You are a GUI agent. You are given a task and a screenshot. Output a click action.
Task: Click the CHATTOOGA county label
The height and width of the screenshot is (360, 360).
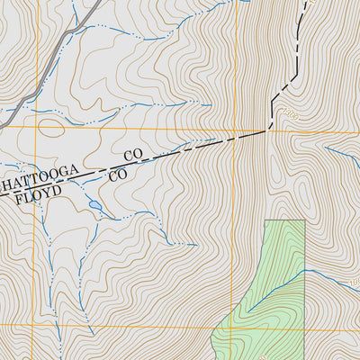click(40, 175)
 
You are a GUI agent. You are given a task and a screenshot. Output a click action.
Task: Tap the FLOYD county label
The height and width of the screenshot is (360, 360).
click(38, 193)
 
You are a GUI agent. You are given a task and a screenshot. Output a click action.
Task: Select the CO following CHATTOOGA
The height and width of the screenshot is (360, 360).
click(133, 156)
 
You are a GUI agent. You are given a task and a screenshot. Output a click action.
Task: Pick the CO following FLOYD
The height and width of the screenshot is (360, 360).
click(117, 175)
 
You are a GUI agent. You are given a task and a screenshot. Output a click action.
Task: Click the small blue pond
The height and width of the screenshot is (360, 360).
click(94, 206)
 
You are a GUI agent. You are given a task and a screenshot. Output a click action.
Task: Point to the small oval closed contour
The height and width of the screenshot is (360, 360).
click(52, 128)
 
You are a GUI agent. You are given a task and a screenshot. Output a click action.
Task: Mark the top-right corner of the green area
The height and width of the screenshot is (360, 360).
click(305, 220)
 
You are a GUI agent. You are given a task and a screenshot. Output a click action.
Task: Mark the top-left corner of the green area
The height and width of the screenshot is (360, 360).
click(266, 220)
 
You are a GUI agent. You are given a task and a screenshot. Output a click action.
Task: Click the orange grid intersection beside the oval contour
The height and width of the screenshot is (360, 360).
click(37, 127)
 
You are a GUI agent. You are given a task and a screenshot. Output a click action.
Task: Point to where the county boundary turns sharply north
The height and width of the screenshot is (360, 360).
click(269, 130)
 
